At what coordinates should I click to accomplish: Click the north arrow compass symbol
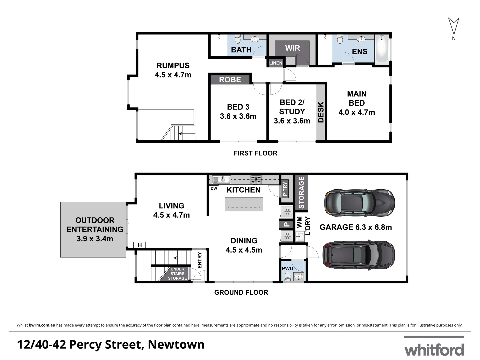[x=454, y=26]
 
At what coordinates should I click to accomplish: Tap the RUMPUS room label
[x=173, y=66]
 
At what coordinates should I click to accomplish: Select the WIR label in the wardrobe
[x=292, y=48]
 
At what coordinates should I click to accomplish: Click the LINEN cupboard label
[x=276, y=63]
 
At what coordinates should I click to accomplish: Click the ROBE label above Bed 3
[x=230, y=80]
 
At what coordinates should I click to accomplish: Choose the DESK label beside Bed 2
[x=321, y=112]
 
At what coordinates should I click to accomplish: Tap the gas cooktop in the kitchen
[x=256, y=180]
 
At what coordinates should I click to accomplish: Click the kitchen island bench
[x=244, y=204]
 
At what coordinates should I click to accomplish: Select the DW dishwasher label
[x=214, y=189]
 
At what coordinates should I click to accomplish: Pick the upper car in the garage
[x=359, y=203]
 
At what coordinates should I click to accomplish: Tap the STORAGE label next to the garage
[x=302, y=193]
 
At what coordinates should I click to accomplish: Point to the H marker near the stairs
[x=140, y=245]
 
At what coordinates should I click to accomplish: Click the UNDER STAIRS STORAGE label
[x=177, y=274]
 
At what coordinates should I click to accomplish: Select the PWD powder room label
[x=287, y=269]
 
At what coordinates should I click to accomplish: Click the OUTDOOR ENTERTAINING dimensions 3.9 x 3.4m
[x=95, y=239]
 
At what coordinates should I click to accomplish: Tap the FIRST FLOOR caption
[x=255, y=153]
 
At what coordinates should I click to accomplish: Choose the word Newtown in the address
[x=176, y=345]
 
